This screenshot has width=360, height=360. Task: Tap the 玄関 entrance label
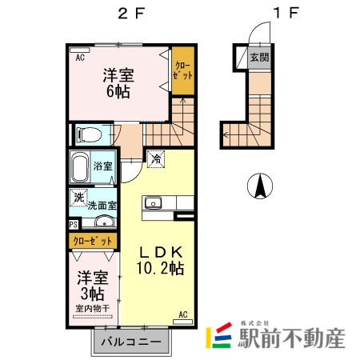click(258, 57)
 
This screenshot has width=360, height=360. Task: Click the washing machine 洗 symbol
click(79, 196)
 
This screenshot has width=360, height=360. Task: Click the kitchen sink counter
click(154, 206)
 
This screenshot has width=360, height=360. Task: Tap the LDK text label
click(160, 250)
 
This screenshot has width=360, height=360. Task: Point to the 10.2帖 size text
click(160, 268)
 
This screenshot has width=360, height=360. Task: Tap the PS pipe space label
click(74, 225)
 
